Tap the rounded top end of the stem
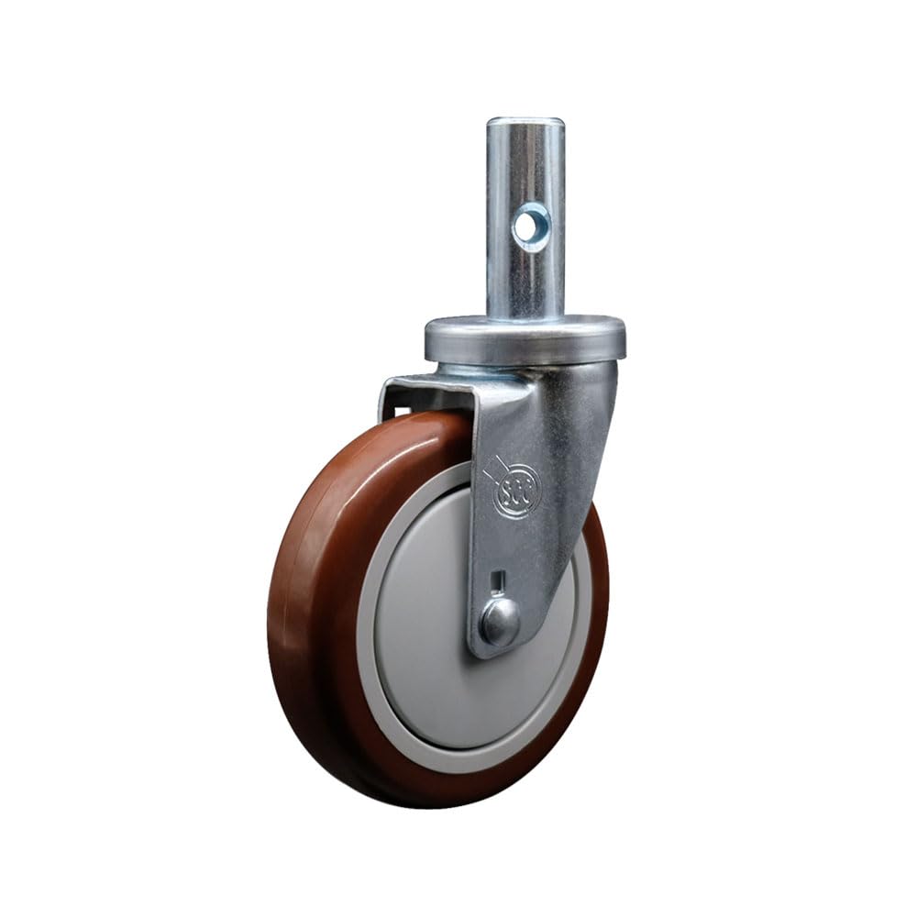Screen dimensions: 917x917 click(525, 123)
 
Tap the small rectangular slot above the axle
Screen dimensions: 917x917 click(498, 580)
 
